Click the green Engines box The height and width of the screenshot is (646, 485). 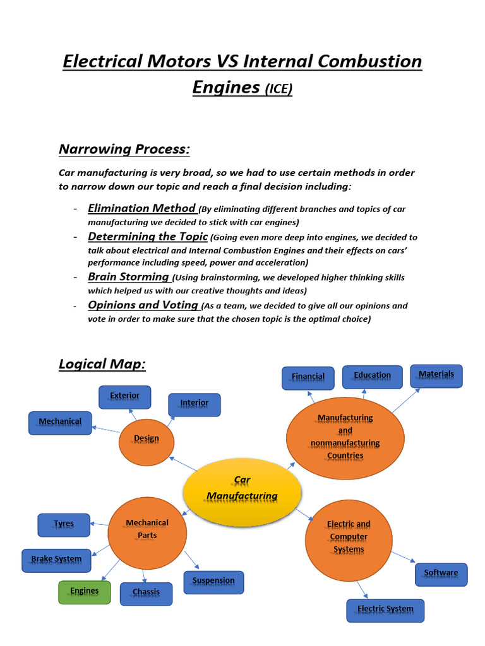point(85,592)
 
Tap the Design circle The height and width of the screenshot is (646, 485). point(147,438)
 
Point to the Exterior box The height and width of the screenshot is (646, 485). point(125,397)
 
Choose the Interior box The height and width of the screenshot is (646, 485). point(195,404)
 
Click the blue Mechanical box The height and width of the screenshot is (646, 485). point(60,422)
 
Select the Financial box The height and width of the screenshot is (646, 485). point(308,377)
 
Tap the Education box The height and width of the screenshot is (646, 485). point(372,376)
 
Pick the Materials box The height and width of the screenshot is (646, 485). point(436,375)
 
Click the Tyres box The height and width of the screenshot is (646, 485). point(64,524)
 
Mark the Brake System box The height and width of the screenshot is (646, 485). point(57,560)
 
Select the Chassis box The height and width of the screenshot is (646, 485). point(146,593)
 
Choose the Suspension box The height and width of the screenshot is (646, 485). point(213,582)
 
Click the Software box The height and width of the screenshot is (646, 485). point(441,574)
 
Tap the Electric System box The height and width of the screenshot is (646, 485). point(385,610)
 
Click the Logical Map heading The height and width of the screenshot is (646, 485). point(102,364)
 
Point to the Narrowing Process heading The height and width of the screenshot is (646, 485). point(124,150)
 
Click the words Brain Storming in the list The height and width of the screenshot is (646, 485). point(128,276)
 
